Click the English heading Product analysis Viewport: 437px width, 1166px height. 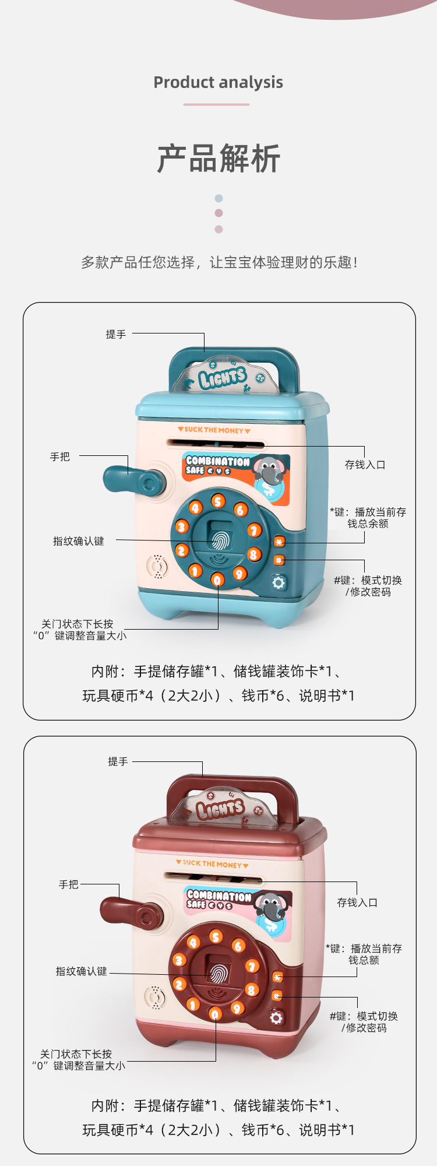pyautogui.click(x=218, y=82)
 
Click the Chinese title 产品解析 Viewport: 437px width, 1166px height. pyautogui.click(x=218, y=159)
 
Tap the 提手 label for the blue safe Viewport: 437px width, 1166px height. pyautogui.click(x=115, y=334)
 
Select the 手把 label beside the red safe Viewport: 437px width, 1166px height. pyautogui.click(x=68, y=884)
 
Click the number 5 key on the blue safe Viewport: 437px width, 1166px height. pyautogui.click(x=218, y=501)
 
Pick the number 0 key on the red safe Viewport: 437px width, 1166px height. pyautogui.click(x=215, y=1014)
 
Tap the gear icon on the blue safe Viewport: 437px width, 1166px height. pyautogui.click(x=279, y=582)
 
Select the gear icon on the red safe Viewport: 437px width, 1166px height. pyautogui.click(x=276, y=1017)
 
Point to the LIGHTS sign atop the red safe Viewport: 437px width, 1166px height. pyautogui.click(x=220, y=809)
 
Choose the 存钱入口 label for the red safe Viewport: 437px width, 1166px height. pyautogui.click(x=357, y=902)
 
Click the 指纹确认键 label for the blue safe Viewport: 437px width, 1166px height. pyautogui.click(x=79, y=541)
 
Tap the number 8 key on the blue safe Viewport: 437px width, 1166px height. pyautogui.click(x=253, y=554)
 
